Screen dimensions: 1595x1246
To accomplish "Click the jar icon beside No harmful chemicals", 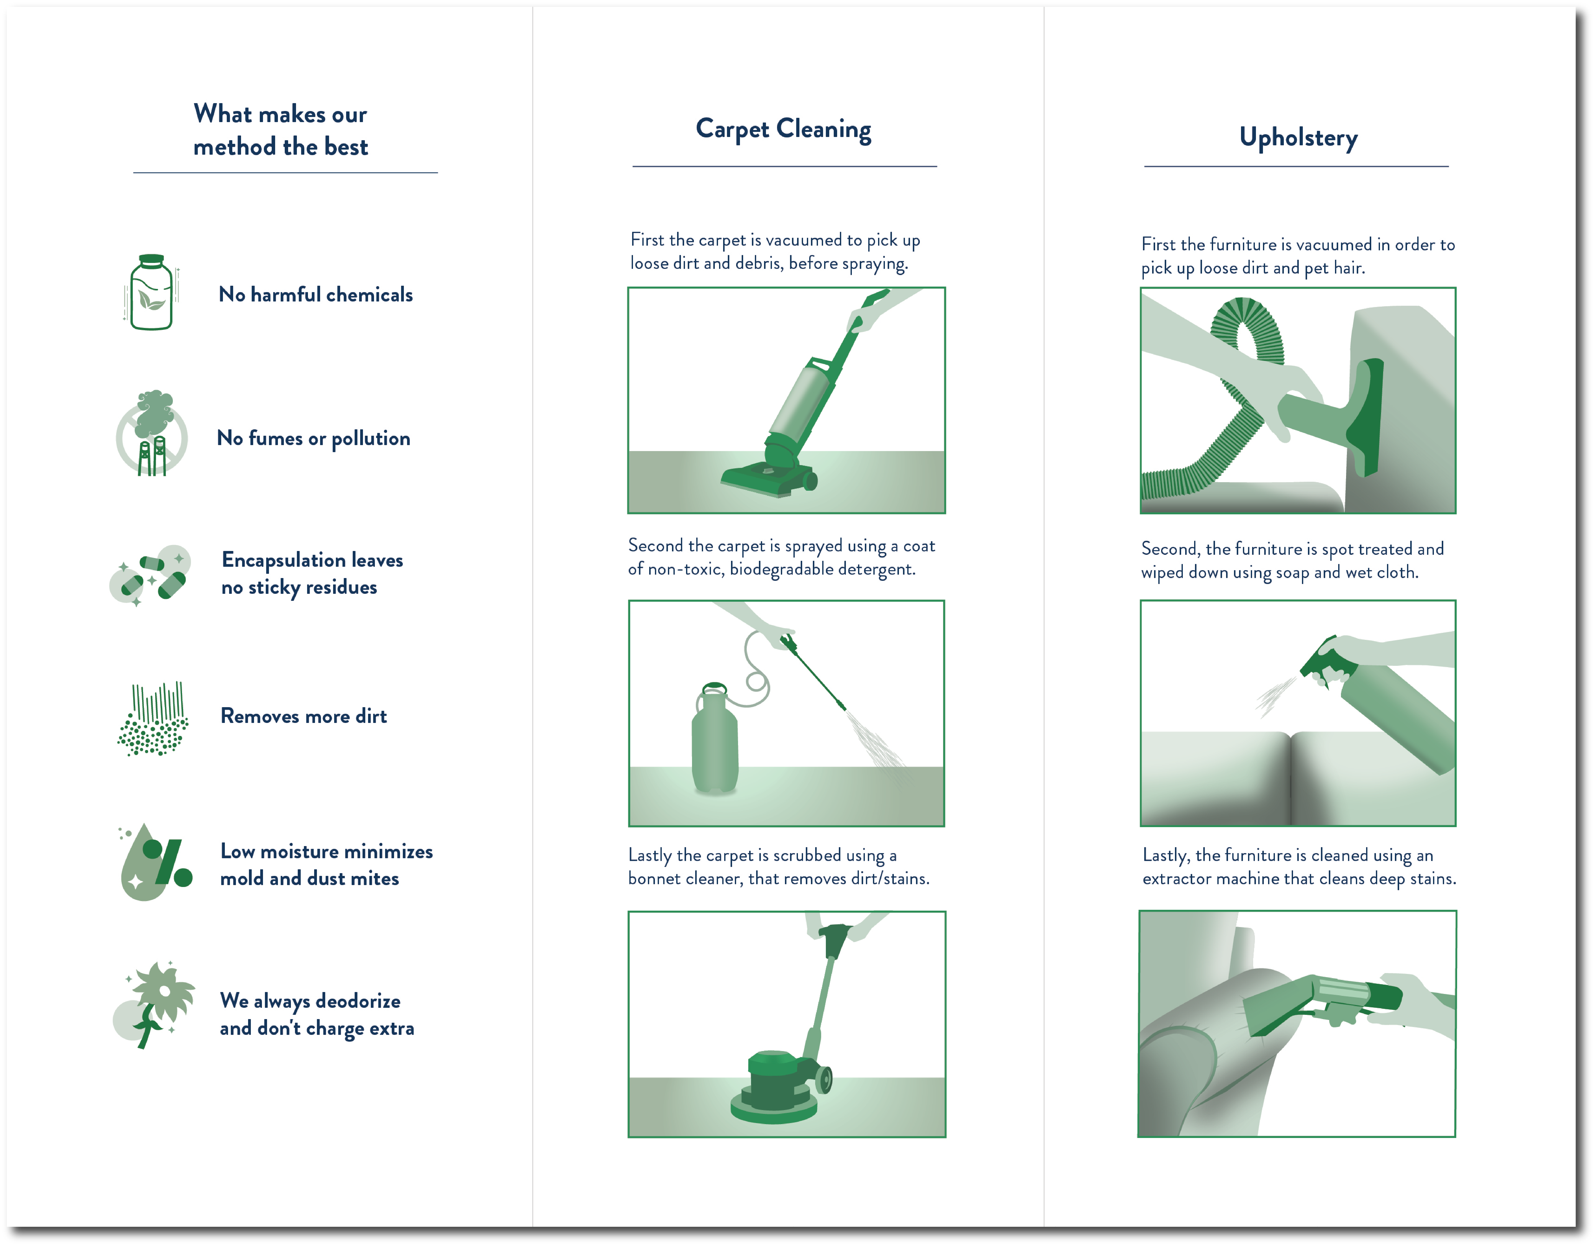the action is coord(151,292).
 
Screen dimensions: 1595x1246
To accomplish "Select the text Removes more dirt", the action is coord(304,716).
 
